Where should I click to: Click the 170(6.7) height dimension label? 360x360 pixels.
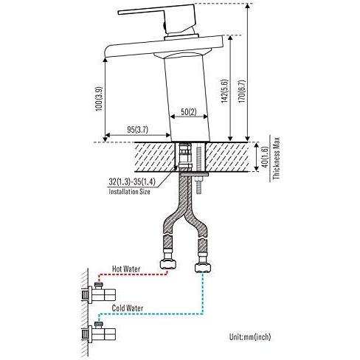242,91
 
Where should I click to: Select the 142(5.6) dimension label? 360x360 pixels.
225,91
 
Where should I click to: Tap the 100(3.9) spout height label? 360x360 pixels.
100,99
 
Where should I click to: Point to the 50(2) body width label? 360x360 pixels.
189,112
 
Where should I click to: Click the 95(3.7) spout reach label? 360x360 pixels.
138,130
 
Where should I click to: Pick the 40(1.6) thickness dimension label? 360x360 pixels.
265,157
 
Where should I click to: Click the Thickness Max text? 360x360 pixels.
277,159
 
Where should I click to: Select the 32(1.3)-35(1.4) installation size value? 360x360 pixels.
132,181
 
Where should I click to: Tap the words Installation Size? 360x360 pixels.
129,191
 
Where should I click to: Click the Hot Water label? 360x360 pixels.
126,269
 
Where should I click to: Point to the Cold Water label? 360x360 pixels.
128,308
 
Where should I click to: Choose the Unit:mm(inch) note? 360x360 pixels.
250,336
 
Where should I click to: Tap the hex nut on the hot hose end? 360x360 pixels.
168,265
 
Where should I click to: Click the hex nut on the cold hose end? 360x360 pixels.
203,268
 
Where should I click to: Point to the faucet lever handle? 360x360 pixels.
157,18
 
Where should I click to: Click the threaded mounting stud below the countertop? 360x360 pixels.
198,185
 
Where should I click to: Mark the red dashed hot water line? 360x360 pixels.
133,274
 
